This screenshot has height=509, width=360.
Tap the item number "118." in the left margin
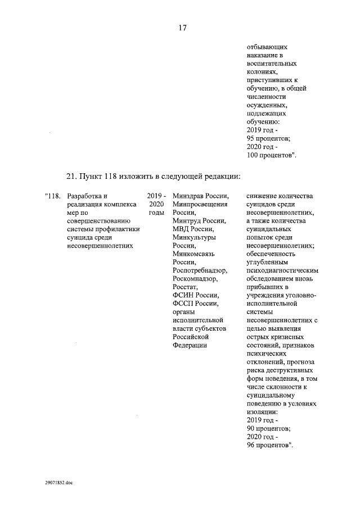pyautogui.click(x=52, y=196)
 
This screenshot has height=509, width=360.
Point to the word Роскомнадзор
pyautogui.click(x=199, y=279)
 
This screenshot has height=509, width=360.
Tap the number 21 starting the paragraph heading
pyautogui.click(x=71, y=175)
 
